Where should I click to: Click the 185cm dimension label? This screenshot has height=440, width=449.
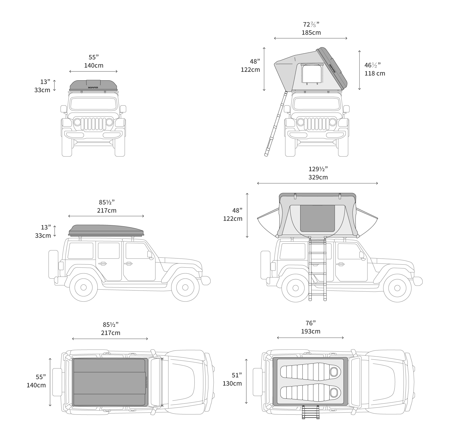pos(311,33)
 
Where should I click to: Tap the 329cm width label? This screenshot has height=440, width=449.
pos(318,177)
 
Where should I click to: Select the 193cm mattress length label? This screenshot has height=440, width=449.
pos(310,331)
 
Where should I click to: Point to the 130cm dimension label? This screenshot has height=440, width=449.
pos(232,383)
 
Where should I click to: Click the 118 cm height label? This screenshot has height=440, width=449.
pos(375,73)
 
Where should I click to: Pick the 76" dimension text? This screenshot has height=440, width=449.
pos(311,323)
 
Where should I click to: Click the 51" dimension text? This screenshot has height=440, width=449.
pos(237,375)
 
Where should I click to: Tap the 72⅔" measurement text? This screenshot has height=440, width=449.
pos(311,24)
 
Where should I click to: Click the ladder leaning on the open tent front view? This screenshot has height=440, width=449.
pos(276,124)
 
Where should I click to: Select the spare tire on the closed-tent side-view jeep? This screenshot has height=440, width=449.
pos(53,264)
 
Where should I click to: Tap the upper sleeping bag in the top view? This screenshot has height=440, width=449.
pos(311,371)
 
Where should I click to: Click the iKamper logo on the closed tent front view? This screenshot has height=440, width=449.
pos(93,87)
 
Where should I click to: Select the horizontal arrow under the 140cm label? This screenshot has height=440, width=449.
pos(93,72)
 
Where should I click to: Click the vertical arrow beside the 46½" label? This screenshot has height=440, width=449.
pos(359,70)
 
